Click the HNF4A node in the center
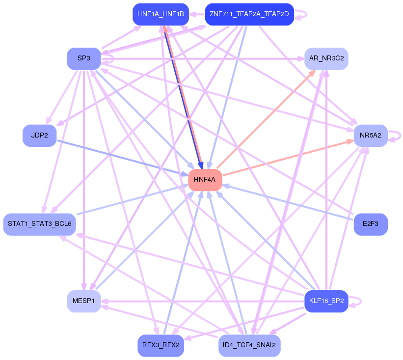205,180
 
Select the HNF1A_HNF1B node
161,14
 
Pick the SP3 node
84,58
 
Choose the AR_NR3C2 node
326,58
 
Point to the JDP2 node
39,136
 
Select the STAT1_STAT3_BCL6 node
39,224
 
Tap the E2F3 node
371,224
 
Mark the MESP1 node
84,301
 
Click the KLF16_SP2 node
326,301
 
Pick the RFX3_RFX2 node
161,345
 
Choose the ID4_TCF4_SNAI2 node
249,345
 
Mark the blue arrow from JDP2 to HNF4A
123,157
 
